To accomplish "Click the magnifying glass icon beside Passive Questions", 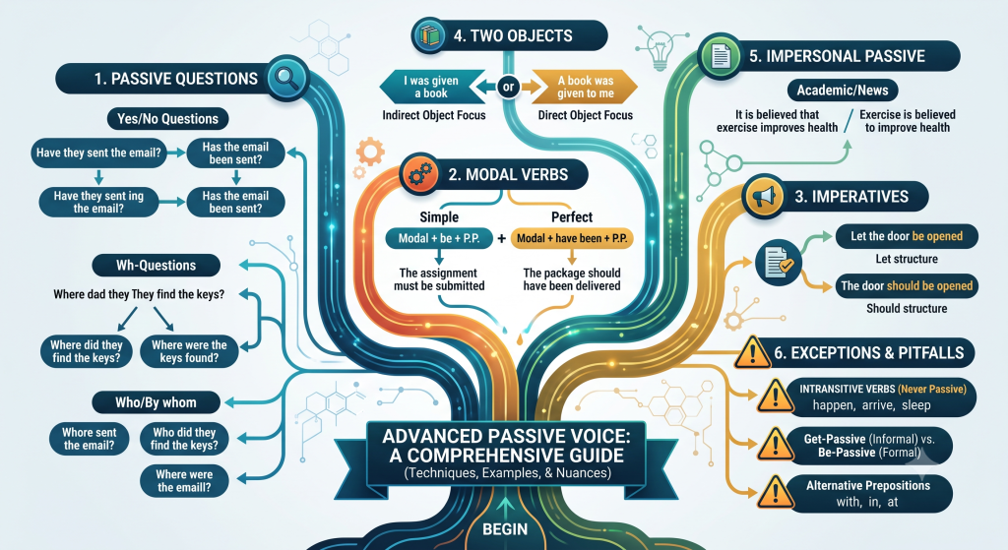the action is coord(286,79).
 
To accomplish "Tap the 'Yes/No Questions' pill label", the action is coord(167,119).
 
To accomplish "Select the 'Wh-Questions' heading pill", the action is coord(157,266).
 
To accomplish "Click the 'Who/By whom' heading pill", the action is coord(157,402).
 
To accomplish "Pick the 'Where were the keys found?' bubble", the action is coord(189,351).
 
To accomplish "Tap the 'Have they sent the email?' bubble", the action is coord(98,153).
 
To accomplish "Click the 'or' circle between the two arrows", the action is coord(509,87).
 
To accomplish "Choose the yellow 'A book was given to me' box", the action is coord(585,87).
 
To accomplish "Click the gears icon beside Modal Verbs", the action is coord(419,174).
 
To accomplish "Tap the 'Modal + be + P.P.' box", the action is coord(439,238).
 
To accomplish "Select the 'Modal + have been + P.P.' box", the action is coord(572,238).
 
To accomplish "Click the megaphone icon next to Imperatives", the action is coord(764,197).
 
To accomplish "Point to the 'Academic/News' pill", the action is coord(843,91).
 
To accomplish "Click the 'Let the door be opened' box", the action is coord(907,236).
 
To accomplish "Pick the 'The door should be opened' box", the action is coord(907,286).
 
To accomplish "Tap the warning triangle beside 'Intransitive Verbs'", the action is coord(775,396).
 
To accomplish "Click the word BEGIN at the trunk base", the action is coord(505,529).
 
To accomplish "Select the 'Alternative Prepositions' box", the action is coord(868,494).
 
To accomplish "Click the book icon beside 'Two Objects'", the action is coord(430,35).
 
